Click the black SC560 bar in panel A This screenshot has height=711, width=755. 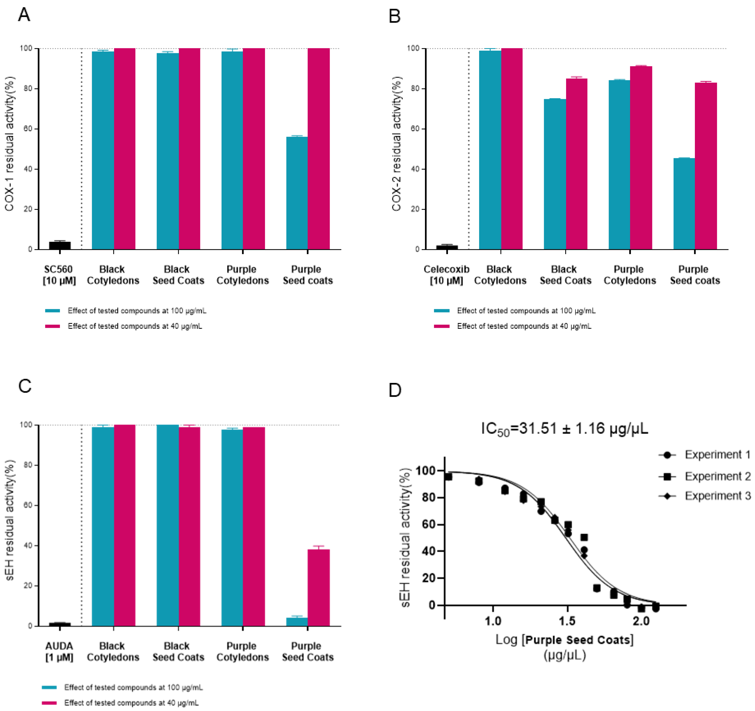60,245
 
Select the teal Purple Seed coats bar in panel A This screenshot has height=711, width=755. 297,193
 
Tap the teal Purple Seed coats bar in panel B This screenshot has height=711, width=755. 684,203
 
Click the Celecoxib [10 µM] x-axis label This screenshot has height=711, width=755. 446,275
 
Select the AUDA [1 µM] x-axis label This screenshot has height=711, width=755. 59,652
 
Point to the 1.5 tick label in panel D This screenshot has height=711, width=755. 567,621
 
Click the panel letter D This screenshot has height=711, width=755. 395,390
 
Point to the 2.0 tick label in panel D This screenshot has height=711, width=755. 641,621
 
